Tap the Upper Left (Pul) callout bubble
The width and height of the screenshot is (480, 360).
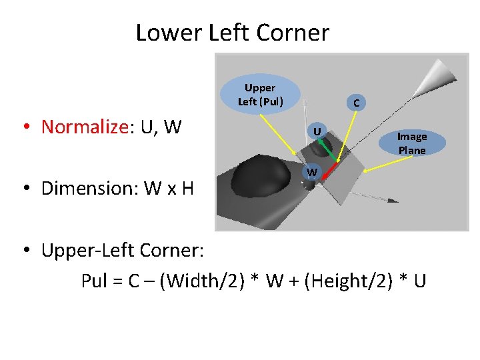pos(260,95)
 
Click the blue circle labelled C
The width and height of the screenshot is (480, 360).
pos(357,103)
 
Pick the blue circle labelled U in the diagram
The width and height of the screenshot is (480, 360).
pos(319,131)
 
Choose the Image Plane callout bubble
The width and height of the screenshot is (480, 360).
pos(411,143)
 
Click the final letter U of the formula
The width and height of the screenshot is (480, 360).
pos(419,281)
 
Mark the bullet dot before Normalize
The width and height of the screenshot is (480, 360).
pos(27,127)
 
